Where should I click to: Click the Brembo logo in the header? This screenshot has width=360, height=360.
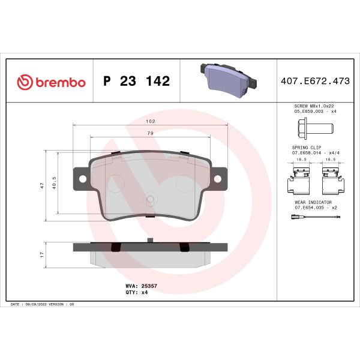pos(50,82)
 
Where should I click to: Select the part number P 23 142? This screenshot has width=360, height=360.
pos(136,82)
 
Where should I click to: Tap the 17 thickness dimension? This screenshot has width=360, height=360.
pos(41,254)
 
